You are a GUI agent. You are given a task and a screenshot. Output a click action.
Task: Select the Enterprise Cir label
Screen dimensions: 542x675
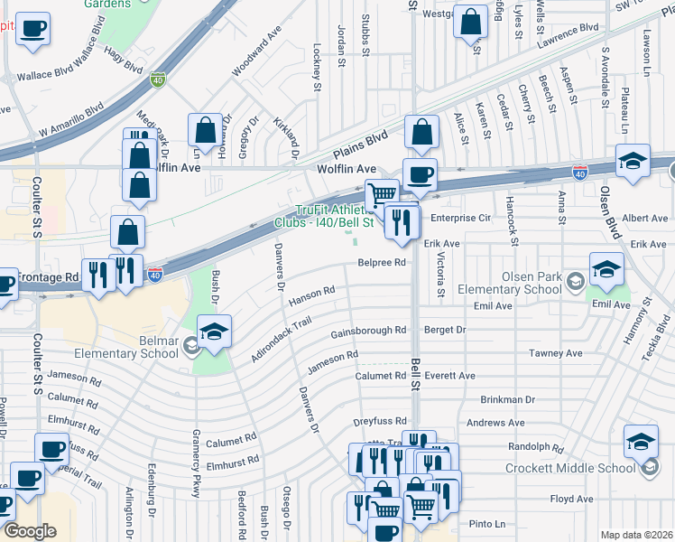pyautogui.click(x=460, y=219)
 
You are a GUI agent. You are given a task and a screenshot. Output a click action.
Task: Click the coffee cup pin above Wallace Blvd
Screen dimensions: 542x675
pyautogui.click(x=33, y=28)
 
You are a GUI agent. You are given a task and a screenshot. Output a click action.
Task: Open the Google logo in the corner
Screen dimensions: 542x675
pyautogui.click(x=31, y=531)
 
